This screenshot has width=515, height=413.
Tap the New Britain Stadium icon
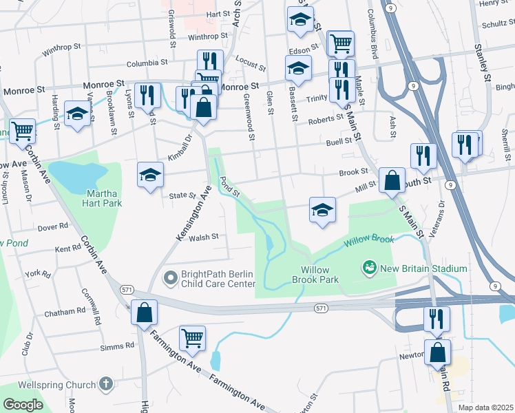pyautogui.click(x=370, y=267)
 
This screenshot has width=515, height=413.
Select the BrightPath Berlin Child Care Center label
pyautogui.click(x=218, y=278)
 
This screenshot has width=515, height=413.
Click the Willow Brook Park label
pyautogui.click(x=319, y=275)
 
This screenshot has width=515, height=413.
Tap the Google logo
pyautogui.click(x=23, y=405)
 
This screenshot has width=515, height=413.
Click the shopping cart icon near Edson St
pyautogui.click(x=340, y=43)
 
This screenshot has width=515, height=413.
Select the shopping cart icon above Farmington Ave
pyautogui.click(x=192, y=337)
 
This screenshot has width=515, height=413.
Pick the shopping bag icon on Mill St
pyautogui.click(x=391, y=181)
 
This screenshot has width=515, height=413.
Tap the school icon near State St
pyautogui.click(x=150, y=175)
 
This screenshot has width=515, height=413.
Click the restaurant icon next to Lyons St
pyautogui.click(x=147, y=95)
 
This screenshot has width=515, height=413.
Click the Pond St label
pyautogui.click(x=229, y=185)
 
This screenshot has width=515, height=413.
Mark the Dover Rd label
pyautogui.click(x=53, y=226)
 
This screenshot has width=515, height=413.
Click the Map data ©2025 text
pyautogui.click(x=485, y=407)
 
